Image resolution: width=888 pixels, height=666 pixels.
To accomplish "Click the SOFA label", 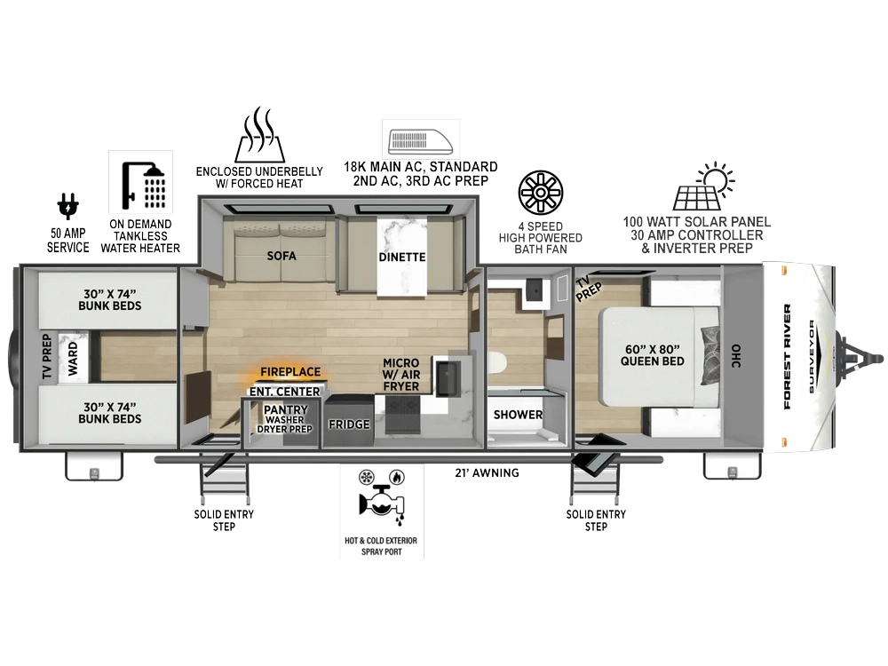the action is (281, 256).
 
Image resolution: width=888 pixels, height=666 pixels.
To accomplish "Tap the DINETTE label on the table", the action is (402, 258).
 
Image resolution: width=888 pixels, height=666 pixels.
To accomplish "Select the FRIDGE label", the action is (349, 424).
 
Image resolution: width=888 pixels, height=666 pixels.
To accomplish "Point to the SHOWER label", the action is (518, 415).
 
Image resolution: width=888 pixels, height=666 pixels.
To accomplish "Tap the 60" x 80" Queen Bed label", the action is (653, 355).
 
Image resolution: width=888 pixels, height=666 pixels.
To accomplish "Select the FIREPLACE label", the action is (290, 372).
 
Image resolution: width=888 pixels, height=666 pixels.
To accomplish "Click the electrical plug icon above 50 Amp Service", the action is (68, 206).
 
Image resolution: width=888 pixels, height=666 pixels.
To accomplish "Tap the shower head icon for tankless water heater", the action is (140, 182).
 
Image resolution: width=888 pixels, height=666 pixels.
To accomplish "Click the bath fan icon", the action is (541, 193).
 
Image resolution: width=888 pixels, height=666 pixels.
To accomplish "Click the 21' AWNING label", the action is (487, 473).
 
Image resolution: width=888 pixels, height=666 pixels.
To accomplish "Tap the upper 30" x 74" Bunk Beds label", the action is (110, 300).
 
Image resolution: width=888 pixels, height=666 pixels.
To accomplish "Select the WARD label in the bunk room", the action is (73, 359).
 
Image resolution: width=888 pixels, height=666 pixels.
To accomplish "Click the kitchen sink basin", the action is (448, 377).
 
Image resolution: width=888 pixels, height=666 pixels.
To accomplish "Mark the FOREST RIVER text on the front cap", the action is (787, 357).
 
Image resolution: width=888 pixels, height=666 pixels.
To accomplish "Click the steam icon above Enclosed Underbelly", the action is (259, 134).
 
